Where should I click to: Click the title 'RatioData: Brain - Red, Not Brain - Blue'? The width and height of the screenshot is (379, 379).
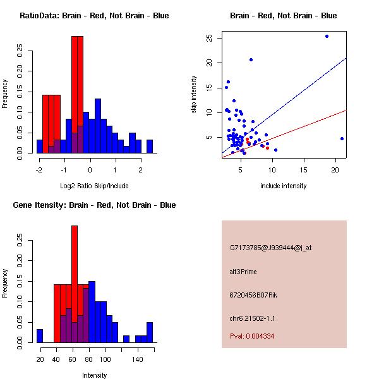tap(94, 16)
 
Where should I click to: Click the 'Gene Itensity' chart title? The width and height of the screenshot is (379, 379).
tap(94, 205)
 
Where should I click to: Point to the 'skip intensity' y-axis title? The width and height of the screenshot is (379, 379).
tap(194, 95)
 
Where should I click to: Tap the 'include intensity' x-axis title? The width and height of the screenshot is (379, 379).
tap(284, 186)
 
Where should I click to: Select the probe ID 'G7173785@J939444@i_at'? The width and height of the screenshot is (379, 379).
tap(271, 248)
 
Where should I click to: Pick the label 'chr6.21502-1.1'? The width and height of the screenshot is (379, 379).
tap(253, 318)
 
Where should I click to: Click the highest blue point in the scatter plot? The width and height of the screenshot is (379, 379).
tap(327, 36)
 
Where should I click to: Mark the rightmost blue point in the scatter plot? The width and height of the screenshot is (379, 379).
tap(342, 138)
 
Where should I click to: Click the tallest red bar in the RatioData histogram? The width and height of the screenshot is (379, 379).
tap(77, 95)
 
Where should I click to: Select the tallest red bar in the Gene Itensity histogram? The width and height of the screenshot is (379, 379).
tap(75, 284)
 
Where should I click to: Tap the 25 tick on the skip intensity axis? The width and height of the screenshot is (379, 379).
tap(208, 38)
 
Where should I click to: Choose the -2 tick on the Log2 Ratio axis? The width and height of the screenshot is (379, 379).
tap(39, 170)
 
